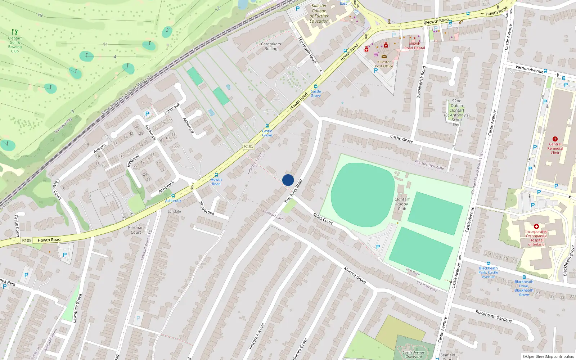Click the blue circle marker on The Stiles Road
pyautogui.click(x=288, y=180)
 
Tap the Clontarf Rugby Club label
pyautogui.click(x=402, y=204)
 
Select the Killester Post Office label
pyautogui.click(x=384, y=64)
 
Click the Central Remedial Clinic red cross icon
pyautogui.click(x=555, y=139)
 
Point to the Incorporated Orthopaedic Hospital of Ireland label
pyautogui.click(x=536, y=238)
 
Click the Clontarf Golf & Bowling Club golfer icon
pyautogui.click(x=15, y=32)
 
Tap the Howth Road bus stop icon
pyautogui.click(x=216, y=175)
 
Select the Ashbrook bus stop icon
pyautogui.click(x=173, y=196)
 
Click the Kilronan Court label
pyautogui.click(x=136, y=230)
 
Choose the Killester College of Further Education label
pyautogui.click(x=319, y=13)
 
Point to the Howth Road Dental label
pyautogui.click(x=414, y=46)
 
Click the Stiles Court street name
pyautogui.click(x=323, y=219)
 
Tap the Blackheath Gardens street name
pyautogui.click(x=494, y=316)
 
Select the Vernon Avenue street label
pyautogui.click(x=529, y=69)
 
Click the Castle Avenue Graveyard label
pyautogui.click(x=413, y=355)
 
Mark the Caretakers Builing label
pyautogui.click(x=271, y=46)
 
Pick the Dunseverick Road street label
pyautogui.click(x=421, y=82)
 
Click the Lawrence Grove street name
pyautogui.click(x=77, y=308)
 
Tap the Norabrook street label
pyautogui.click(x=207, y=208)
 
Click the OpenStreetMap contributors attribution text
pyautogui.click(x=550, y=356)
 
